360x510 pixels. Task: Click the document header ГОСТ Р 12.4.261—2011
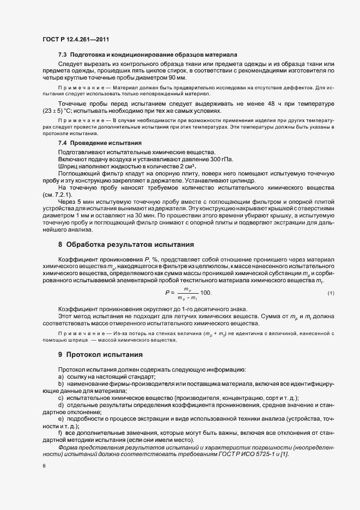[78, 39]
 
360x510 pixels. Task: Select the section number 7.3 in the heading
[63, 55]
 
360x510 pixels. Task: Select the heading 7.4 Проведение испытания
[96, 143]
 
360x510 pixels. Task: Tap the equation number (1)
[331, 294]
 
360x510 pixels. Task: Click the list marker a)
[61, 377]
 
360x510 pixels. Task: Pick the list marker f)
[61, 433]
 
